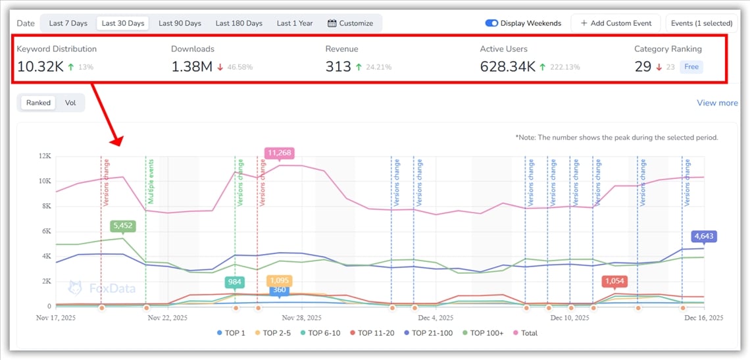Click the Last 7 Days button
pyautogui.click(x=68, y=23)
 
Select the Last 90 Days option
pyautogui.click(x=180, y=23)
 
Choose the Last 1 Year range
pyautogui.click(x=295, y=23)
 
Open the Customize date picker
pyautogui.click(x=350, y=23)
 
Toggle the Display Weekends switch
pyautogui.click(x=491, y=23)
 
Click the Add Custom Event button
pyautogui.click(x=616, y=23)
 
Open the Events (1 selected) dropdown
pyautogui.click(x=701, y=23)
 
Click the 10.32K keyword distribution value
pyautogui.click(x=40, y=66)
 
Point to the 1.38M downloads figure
pyautogui.click(x=192, y=66)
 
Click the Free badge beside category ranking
pyautogui.click(x=691, y=66)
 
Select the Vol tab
pyautogui.click(x=70, y=103)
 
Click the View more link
pyautogui.click(x=717, y=103)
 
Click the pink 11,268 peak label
pyautogui.click(x=279, y=153)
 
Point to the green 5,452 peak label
pyautogui.click(x=124, y=226)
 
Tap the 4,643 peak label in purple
pyautogui.click(x=703, y=236)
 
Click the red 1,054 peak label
pyautogui.click(x=614, y=281)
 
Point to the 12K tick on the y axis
pyautogui.click(x=45, y=156)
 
